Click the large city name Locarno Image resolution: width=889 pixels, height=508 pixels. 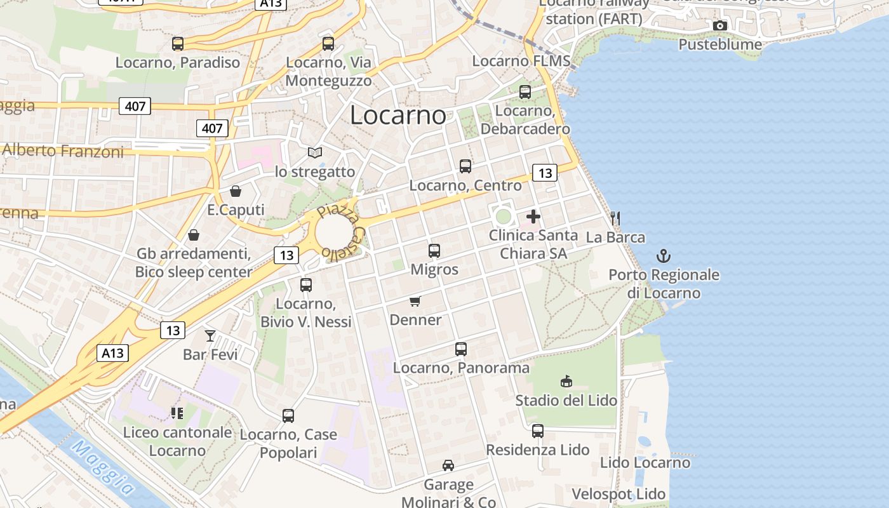click(398, 115)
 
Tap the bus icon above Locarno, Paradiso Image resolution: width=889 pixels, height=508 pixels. click(178, 44)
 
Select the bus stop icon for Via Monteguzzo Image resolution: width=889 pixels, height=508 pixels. click(328, 44)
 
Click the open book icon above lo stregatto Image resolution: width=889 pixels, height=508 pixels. click(315, 152)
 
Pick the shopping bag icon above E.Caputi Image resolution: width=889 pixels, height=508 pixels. click(236, 191)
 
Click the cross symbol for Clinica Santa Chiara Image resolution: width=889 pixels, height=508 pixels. click(533, 217)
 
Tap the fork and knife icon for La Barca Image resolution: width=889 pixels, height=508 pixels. click(615, 219)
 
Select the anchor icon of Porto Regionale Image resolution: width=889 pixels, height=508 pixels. click(664, 256)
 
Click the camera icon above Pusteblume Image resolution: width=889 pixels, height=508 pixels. click(720, 26)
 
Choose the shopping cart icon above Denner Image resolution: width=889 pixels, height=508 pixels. click(415, 301)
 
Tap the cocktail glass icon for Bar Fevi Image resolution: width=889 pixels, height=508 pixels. click(210, 336)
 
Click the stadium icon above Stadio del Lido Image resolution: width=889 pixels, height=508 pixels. click(566, 381)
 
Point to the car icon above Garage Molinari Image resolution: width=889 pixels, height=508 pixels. click(448, 465)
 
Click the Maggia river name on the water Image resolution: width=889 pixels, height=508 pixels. click(102, 467)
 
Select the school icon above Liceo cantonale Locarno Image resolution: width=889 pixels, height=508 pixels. click(177, 413)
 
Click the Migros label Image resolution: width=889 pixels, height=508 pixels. click(434, 269)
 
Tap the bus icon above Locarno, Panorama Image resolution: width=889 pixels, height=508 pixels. click(461, 349)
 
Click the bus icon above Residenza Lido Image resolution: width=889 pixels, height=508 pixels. click(538, 431)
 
